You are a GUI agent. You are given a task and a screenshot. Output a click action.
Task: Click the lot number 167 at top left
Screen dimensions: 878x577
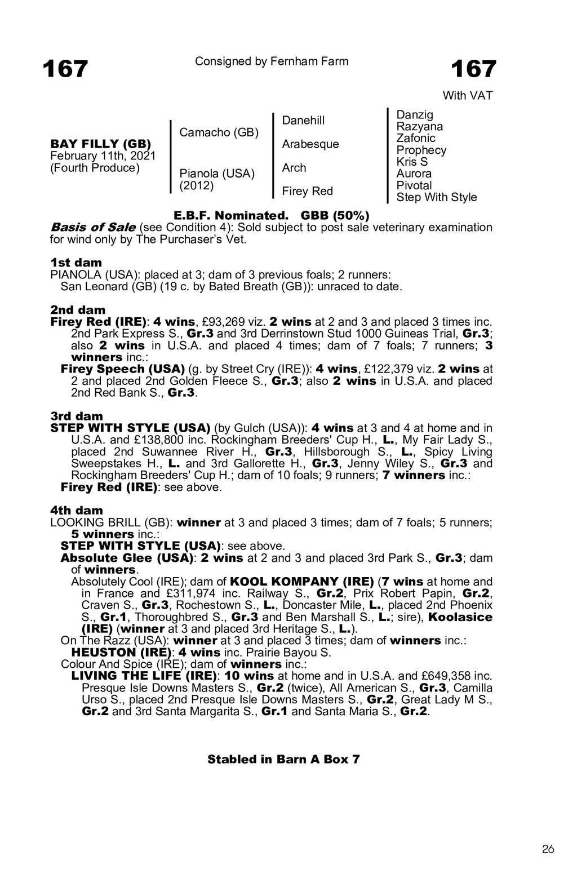pos(65,69)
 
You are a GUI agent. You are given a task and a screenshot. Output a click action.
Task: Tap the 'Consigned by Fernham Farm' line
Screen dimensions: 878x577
pos(272,61)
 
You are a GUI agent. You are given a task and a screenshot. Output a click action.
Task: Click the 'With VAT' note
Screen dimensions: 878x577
pos(467,96)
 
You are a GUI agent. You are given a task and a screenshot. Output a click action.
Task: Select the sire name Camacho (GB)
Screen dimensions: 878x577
pos(219,132)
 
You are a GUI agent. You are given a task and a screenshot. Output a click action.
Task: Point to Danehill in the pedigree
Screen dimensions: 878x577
pos(303,121)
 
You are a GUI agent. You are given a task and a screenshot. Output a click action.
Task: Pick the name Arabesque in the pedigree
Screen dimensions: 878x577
pos(310,144)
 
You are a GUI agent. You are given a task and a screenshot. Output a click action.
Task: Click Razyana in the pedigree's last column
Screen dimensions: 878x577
pos(420,127)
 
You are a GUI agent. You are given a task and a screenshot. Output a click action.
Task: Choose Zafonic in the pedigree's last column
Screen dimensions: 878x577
pos(416,138)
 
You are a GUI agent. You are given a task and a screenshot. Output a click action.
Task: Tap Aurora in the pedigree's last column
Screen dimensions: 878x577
pos(414,174)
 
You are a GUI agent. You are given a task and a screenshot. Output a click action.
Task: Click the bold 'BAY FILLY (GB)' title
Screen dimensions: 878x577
pos(101,144)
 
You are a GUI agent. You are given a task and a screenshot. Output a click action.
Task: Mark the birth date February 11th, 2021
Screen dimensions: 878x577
pos(103,156)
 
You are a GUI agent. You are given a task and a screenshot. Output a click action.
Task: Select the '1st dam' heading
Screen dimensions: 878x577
pos(77,263)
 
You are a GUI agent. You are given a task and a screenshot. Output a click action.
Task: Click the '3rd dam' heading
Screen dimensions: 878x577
pos(77,416)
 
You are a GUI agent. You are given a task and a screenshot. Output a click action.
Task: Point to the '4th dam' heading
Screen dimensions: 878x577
pos(77,511)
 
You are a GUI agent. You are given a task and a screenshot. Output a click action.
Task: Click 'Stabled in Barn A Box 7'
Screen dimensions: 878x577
pos(283,759)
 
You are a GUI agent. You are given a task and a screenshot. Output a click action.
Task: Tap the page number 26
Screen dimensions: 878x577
pos(548,849)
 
